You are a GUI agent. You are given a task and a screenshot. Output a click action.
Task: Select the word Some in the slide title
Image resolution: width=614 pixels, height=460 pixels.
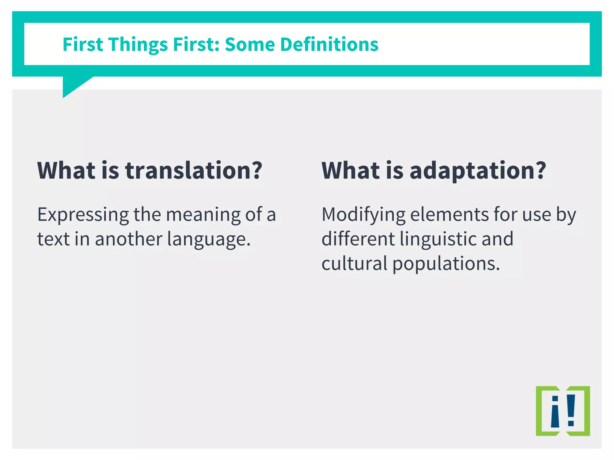[250, 44]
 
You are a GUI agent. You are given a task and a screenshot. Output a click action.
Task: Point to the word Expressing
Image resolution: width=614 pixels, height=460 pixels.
[83, 215]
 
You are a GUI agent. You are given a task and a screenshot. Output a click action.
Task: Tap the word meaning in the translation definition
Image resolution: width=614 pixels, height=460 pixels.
[203, 215]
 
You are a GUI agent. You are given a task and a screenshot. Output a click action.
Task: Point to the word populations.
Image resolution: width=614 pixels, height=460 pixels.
[446, 264]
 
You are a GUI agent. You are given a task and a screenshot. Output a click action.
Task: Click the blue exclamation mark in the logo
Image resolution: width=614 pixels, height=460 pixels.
[571, 410]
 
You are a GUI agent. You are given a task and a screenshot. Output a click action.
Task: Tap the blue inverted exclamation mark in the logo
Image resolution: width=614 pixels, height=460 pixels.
[555, 412]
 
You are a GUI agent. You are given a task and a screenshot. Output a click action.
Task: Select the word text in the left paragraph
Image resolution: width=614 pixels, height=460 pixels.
[53, 239]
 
